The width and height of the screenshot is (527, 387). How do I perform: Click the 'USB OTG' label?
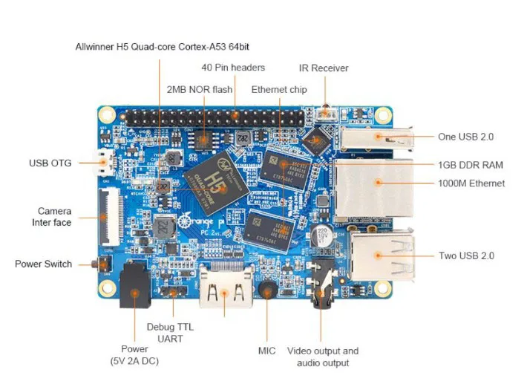[50, 163]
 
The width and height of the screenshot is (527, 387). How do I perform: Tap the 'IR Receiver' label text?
[324, 68]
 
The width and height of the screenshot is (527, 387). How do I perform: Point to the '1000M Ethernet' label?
[471, 183]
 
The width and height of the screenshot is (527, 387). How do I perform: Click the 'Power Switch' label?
[44, 264]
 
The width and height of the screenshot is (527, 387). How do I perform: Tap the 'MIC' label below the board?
[266, 349]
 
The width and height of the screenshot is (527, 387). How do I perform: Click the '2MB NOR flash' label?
[200, 89]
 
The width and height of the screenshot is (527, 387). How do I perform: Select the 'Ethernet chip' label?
[279, 89]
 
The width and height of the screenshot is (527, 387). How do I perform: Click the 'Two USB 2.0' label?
[466, 256]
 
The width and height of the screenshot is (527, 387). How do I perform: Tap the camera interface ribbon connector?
[110, 215]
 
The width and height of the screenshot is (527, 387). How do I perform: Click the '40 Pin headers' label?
[233, 68]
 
